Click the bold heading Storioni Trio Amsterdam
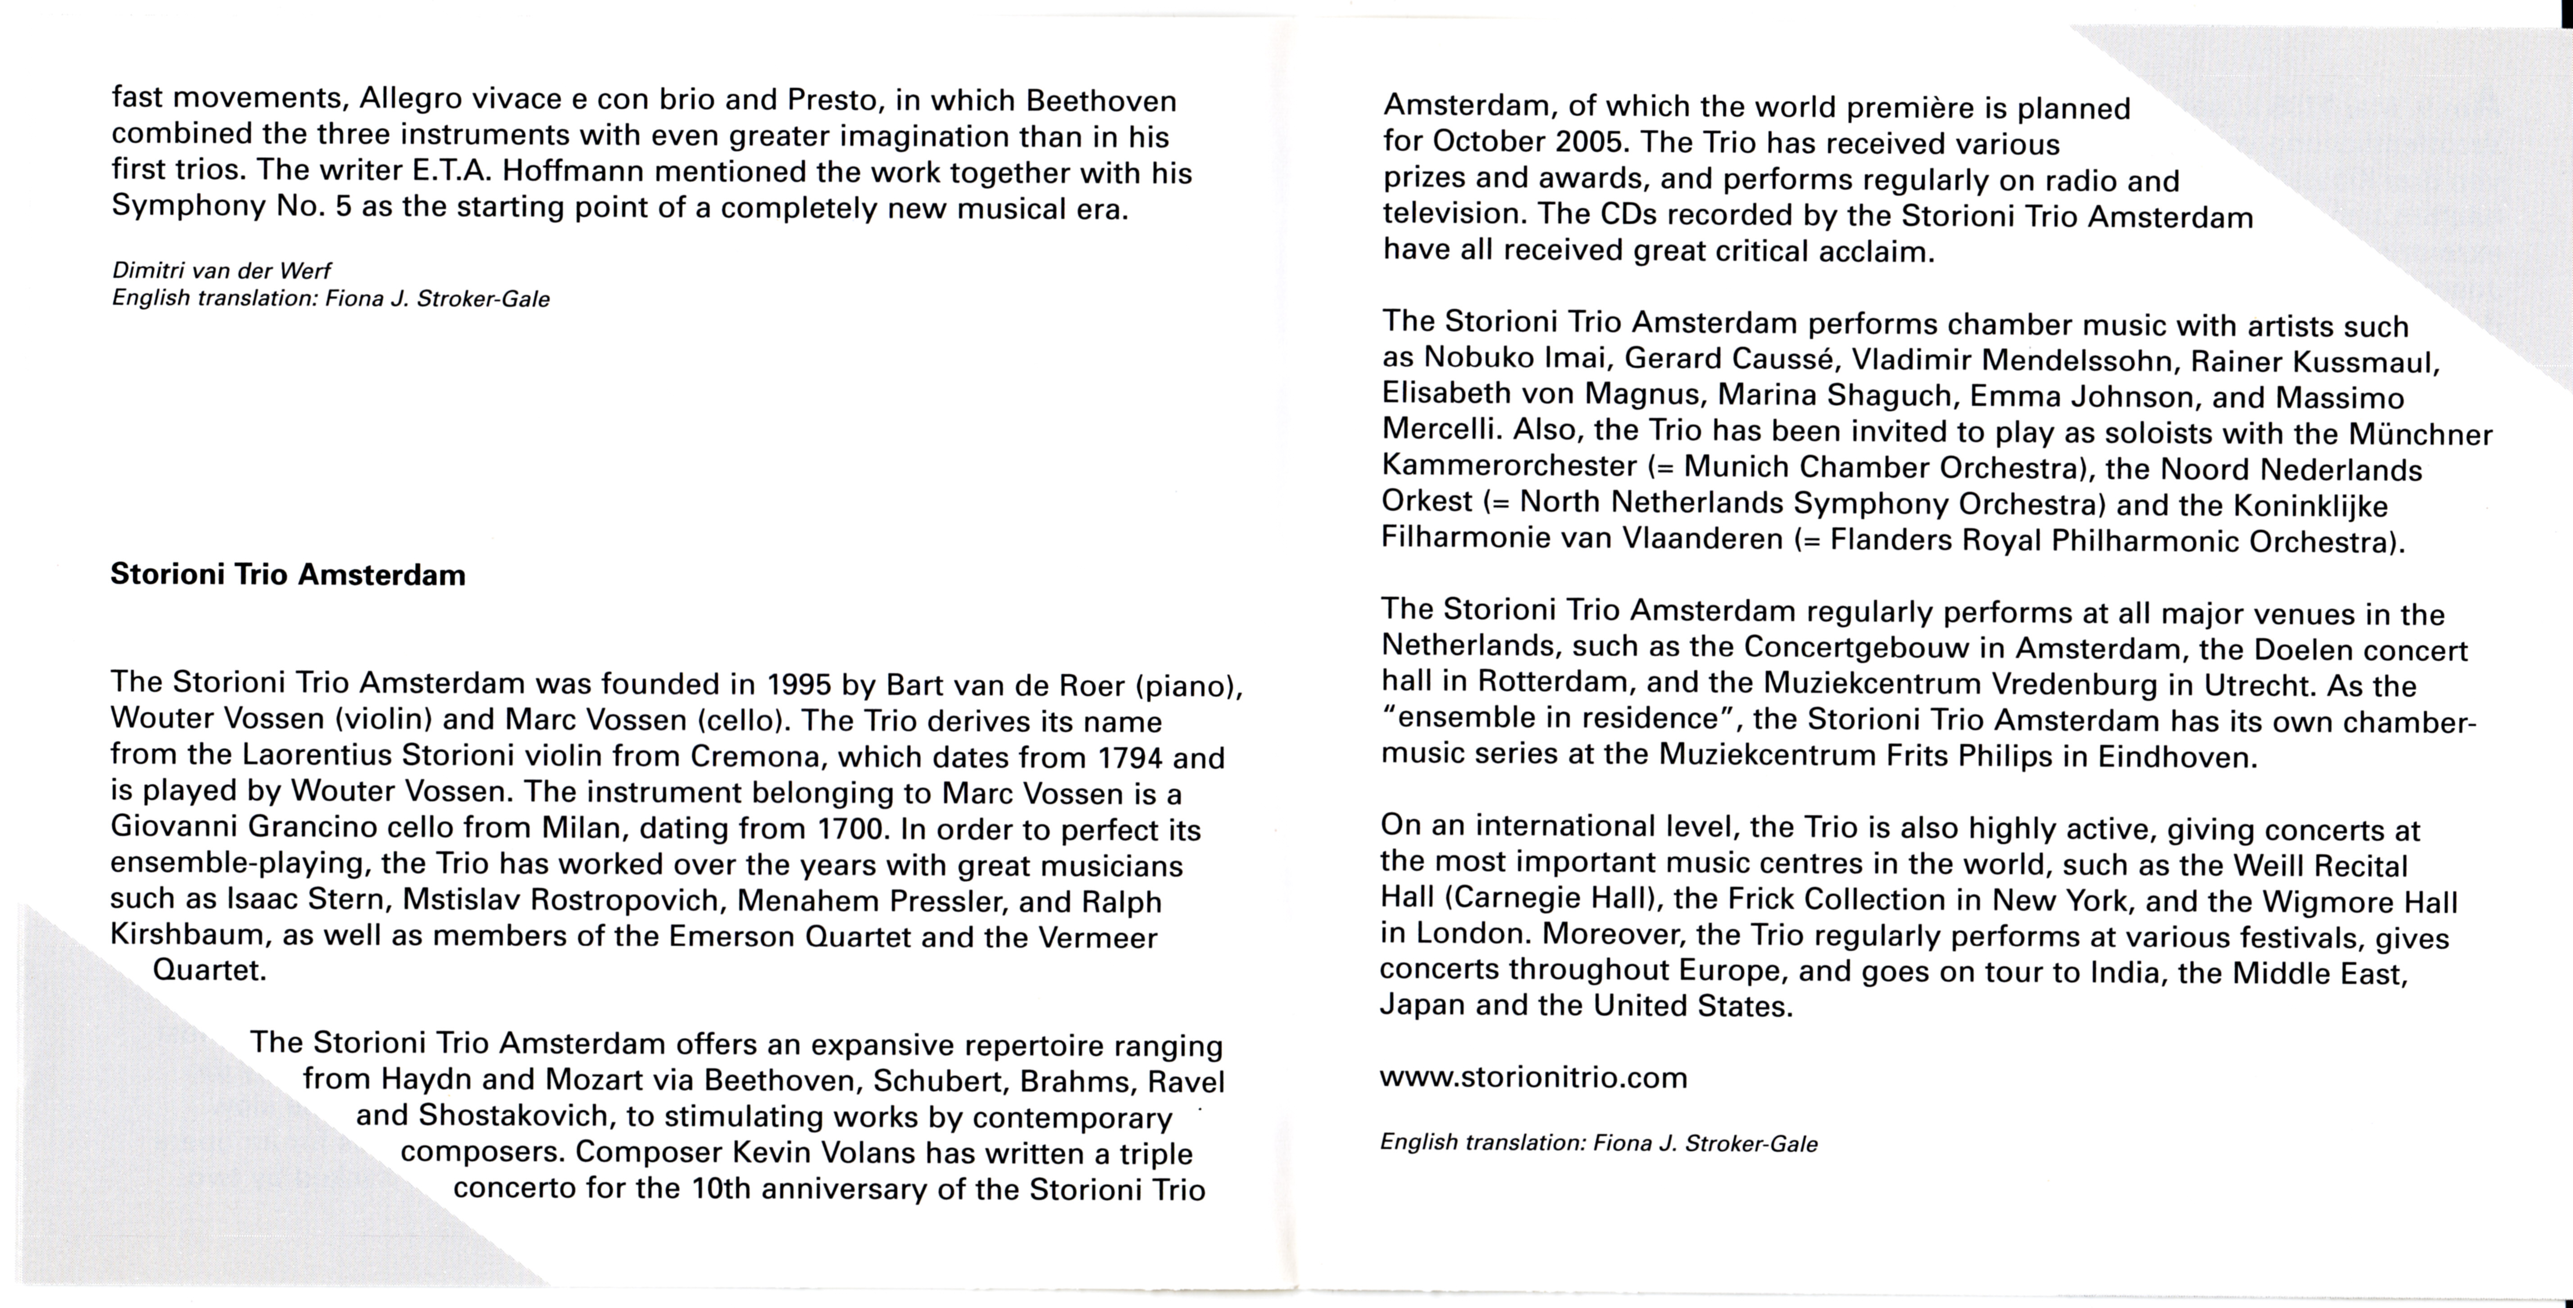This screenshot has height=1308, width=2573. click(x=288, y=575)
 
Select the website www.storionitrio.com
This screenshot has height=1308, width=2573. click(x=1533, y=1077)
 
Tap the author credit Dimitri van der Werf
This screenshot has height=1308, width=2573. click(x=221, y=271)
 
